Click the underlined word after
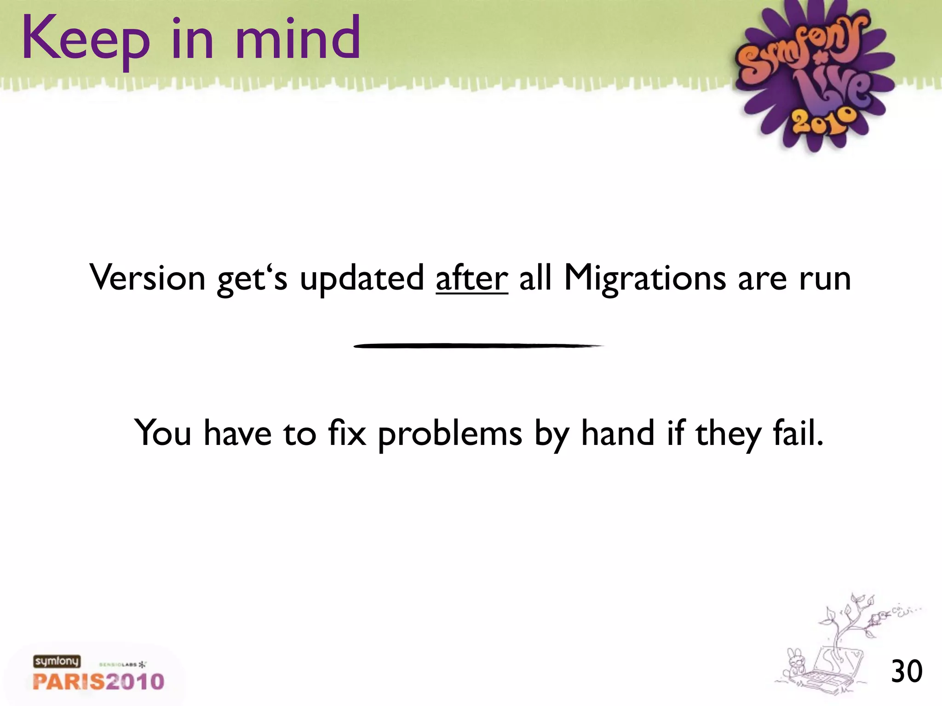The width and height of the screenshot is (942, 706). point(471,278)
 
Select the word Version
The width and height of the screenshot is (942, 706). point(147,278)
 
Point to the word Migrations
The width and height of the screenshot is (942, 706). point(644,279)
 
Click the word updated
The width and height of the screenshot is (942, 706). point(362,279)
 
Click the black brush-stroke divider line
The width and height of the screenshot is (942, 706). point(478,346)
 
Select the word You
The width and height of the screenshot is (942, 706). point(162,433)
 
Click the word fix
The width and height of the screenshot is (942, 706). point(347,433)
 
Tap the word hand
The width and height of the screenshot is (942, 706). point(618,433)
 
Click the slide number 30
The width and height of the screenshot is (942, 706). point(907,672)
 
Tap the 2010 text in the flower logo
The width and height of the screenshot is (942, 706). point(823,121)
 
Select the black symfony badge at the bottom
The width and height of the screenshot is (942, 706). point(57,661)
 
